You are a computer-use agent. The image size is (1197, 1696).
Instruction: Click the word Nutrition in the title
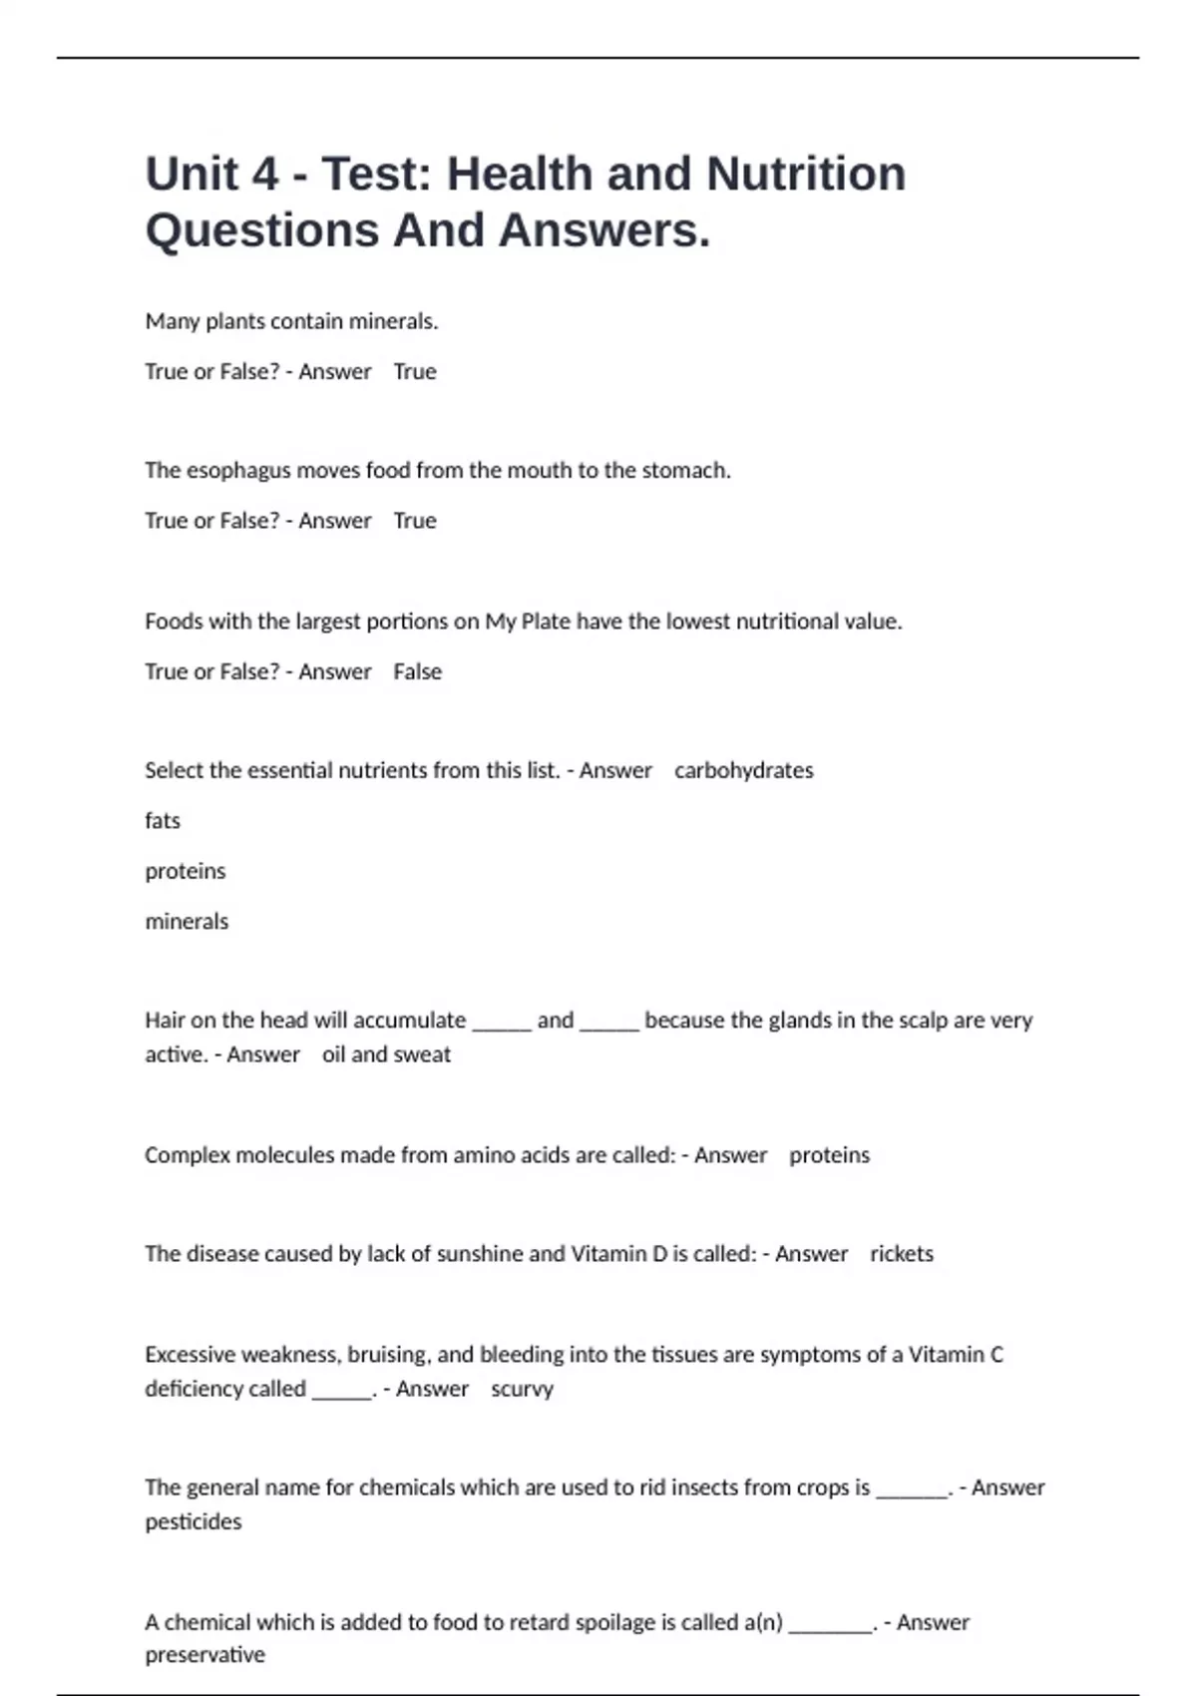point(806,175)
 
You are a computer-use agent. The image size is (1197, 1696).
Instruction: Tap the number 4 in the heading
point(264,175)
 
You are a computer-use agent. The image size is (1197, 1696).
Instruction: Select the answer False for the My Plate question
point(417,671)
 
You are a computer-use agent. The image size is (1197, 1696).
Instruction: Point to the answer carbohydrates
point(743,770)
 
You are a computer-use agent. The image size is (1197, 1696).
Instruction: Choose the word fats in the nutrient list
point(163,821)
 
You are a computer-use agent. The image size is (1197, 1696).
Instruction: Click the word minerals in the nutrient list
point(187,921)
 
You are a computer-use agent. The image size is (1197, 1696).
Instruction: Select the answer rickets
point(902,1254)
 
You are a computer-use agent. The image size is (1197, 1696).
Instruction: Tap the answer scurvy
point(522,1389)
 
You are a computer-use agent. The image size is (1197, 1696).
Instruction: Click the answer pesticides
point(194,1521)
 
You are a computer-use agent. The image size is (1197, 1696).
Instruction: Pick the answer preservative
point(204,1655)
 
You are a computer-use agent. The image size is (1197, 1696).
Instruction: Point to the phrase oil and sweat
point(386,1055)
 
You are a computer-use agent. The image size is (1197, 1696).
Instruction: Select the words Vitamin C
point(956,1355)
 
